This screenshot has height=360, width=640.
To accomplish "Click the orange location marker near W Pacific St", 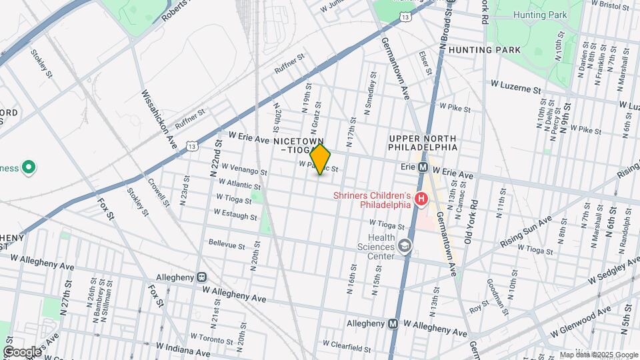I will pyautogui.click(x=321, y=159).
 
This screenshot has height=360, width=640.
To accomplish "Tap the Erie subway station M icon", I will pyautogui.click(x=422, y=167).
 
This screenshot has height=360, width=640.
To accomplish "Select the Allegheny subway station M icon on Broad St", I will pyautogui.click(x=393, y=323).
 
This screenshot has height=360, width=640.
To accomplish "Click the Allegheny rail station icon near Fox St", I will pyautogui.click(x=201, y=277).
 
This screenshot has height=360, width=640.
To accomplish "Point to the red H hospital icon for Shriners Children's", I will pyautogui.click(x=421, y=199).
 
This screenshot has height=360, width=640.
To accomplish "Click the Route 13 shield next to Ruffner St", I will pyautogui.click(x=192, y=146).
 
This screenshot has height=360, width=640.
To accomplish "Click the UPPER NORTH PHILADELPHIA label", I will pyautogui.click(x=423, y=142).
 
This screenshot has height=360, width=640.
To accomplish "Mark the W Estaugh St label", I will pyautogui.click(x=235, y=215).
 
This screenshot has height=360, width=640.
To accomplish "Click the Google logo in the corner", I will pyautogui.click(x=22, y=351).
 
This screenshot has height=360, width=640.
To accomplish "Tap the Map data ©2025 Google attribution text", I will pyautogui.click(x=598, y=355).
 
